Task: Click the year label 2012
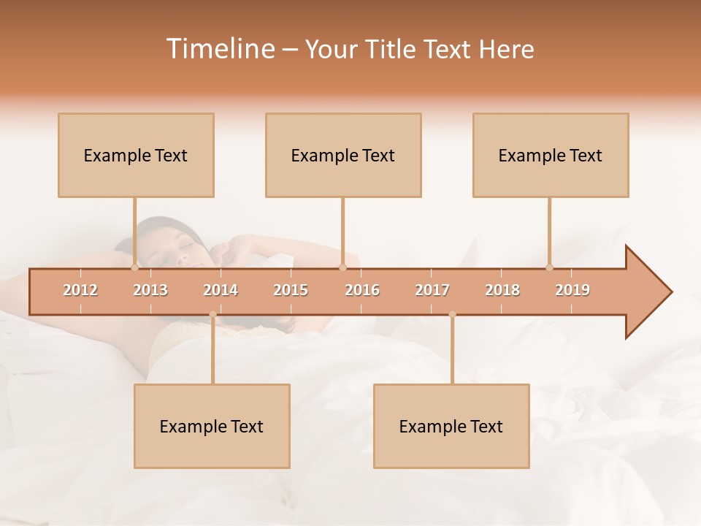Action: (x=80, y=291)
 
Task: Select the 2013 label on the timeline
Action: (x=150, y=291)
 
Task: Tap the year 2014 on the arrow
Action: (x=221, y=291)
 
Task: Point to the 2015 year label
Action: (x=291, y=291)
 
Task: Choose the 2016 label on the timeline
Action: (x=362, y=291)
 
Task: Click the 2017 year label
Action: (x=432, y=291)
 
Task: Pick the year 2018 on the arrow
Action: (x=502, y=291)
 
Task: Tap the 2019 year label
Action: (x=572, y=291)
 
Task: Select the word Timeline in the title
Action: (x=219, y=49)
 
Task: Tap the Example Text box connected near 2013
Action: (x=136, y=155)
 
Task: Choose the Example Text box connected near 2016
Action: (x=343, y=155)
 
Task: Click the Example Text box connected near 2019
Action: (x=551, y=155)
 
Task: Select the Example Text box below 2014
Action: (x=212, y=426)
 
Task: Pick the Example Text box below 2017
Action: (x=451, y=426)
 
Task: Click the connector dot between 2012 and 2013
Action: (x=134, y=268)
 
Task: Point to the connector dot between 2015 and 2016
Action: (x=342, y=268)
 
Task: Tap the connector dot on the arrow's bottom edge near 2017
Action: (x=452, y=315)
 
